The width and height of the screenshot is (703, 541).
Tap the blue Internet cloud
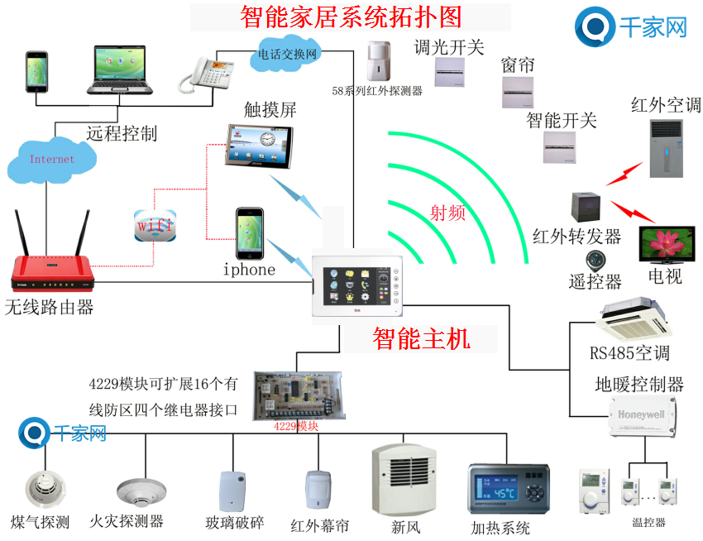tap(51, 159)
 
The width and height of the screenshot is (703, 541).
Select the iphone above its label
tap(250, 233)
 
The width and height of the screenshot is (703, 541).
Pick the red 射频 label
tap(447, 213)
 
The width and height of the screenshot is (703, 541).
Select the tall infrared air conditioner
tap(667, 148)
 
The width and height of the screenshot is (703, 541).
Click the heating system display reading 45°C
tap(508, 491)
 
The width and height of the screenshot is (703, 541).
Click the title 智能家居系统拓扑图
tap(351, 16)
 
